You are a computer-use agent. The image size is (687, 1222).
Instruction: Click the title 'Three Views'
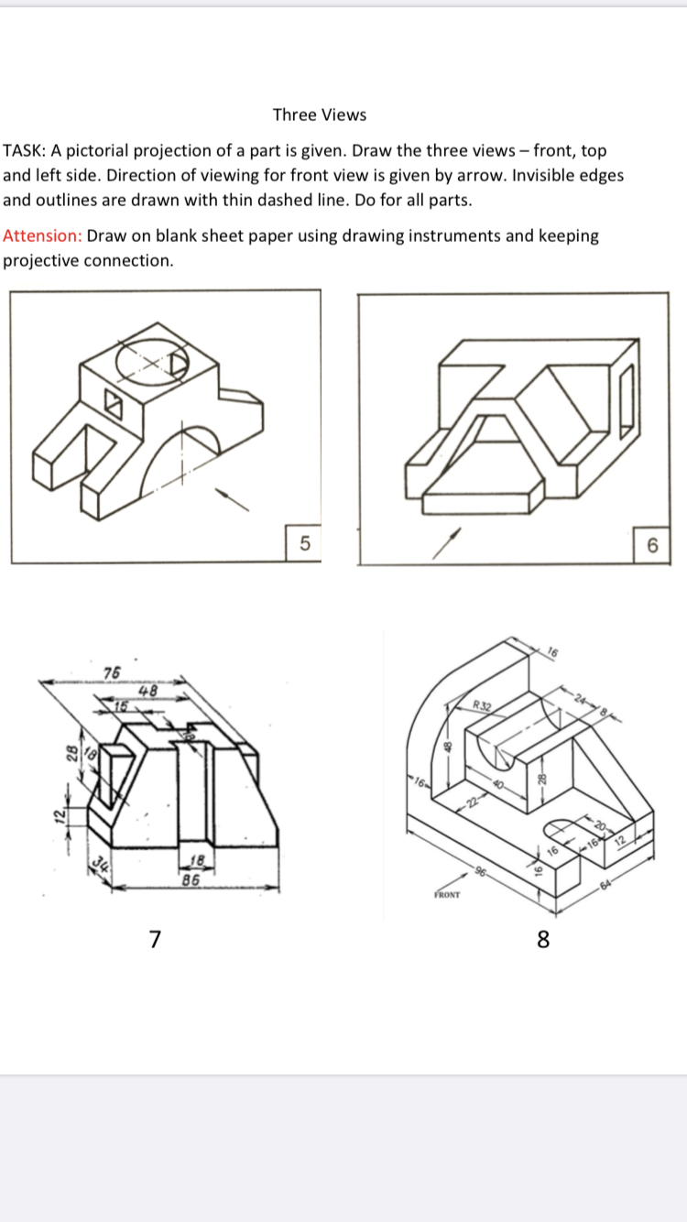click(x=319, y=115)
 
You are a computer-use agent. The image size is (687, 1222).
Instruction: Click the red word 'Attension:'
click(x=42, y=235)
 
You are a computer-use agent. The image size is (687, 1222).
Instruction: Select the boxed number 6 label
click(x=651, y=546)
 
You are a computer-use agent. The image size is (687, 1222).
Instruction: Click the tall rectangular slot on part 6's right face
click(x=627, y=399)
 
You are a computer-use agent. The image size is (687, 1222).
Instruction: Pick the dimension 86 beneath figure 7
click(x=191, y=880)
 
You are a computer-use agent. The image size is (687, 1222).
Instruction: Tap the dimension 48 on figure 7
click(x=148, y=692)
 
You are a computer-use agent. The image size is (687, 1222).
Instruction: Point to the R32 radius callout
click(x=483, y=705)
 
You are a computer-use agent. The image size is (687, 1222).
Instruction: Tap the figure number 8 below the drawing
click(x=543, y=939)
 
